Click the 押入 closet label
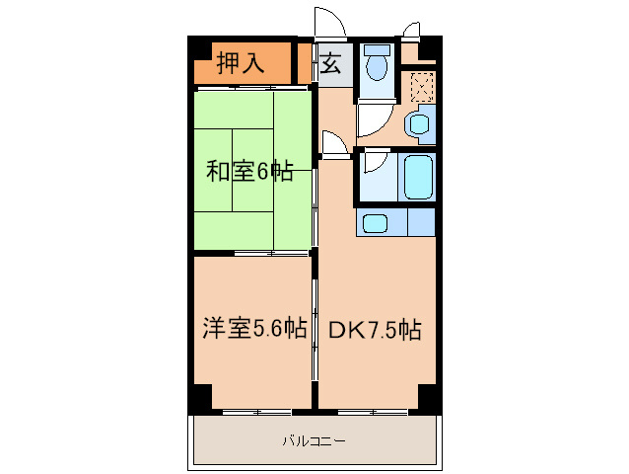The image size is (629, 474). coord(241,64)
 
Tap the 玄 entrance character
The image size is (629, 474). coord(331,65)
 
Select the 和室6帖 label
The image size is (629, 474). coord(248,171)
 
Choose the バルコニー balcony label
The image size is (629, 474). coord(314,440)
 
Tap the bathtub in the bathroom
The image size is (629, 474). coord(419,177)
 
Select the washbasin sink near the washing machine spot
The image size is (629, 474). coord(419,125)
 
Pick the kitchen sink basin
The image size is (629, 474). coord(376,223)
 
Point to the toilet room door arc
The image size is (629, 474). coord(373,120)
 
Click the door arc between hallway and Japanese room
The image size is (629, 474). coord(335,145)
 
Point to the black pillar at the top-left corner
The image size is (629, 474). coord(199,50)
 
